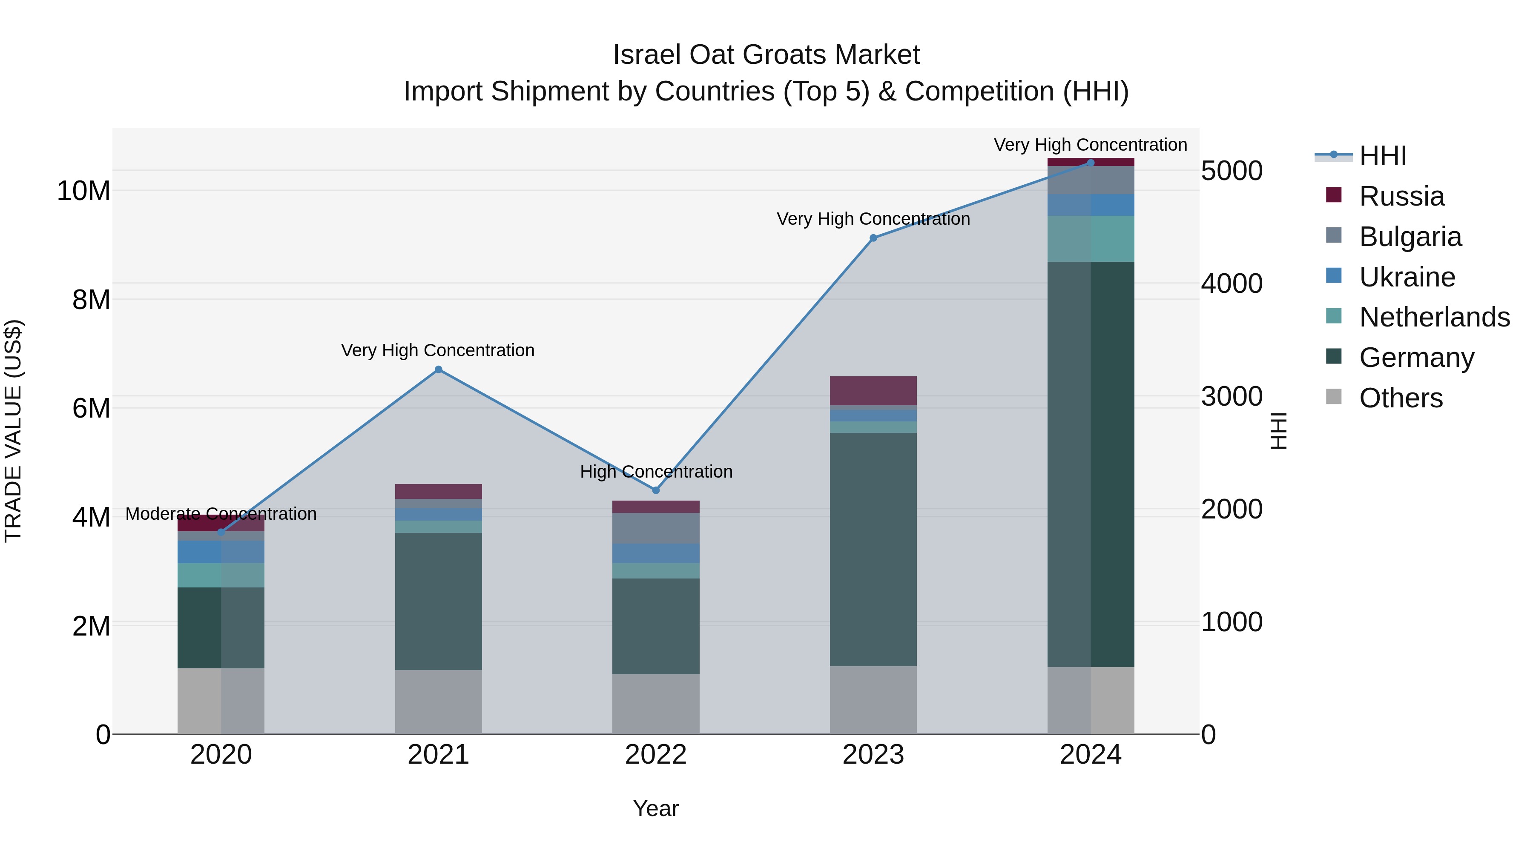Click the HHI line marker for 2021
pos(439,369)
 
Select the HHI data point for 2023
pos(873,238)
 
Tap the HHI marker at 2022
pos(656,490)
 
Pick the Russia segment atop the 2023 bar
pos(873,390)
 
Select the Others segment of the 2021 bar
pos(439,702)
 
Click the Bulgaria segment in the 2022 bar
pos(656,528)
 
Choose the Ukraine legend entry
pos(1407,277)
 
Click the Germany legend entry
pos(1416,358)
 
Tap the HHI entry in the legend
pos(1382,156)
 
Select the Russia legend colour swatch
pos(1334,195)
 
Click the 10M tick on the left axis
pos(83,191)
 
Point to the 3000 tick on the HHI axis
pos(1231,396)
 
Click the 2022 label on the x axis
pos(656,755)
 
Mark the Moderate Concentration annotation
pos(221,513)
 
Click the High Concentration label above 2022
pos(656,472)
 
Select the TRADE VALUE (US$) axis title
pos(13,431)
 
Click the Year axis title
pos(656,808)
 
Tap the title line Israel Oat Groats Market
pos(766,55)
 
